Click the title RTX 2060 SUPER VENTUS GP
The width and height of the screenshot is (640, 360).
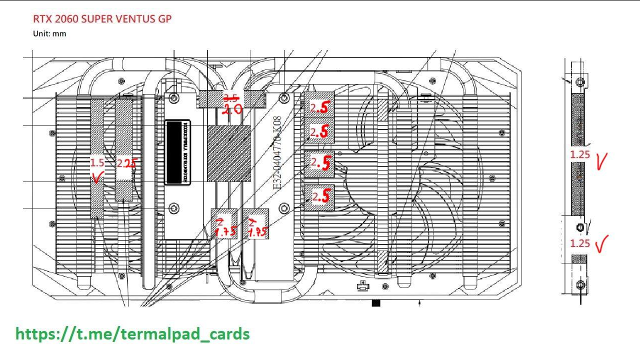click(x=102, y=19)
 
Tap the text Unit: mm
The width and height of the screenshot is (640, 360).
click(x=49, y=34)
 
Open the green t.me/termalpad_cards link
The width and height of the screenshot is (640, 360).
click(x=132, y=333)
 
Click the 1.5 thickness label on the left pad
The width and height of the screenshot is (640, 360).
click(x=97, y=162)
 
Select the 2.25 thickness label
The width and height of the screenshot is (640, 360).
click(x=126, y=163)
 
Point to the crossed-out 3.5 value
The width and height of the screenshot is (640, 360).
click(x=230, y=98)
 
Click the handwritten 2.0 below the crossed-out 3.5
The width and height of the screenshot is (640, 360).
click(x=232, y=109)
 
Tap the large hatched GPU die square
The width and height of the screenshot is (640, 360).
click(x=229, y=153)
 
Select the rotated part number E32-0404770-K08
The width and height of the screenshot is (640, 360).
click(x=276, y=152)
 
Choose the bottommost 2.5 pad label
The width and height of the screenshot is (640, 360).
click(x=320, y=197)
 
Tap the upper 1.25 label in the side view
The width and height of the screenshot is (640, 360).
click(x=580, y=154)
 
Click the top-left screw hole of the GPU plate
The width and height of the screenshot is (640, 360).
click(x=173, y=97)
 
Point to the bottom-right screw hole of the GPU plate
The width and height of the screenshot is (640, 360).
click(x=284, y=207)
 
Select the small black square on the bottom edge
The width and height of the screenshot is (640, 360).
click(x=376, y=303)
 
